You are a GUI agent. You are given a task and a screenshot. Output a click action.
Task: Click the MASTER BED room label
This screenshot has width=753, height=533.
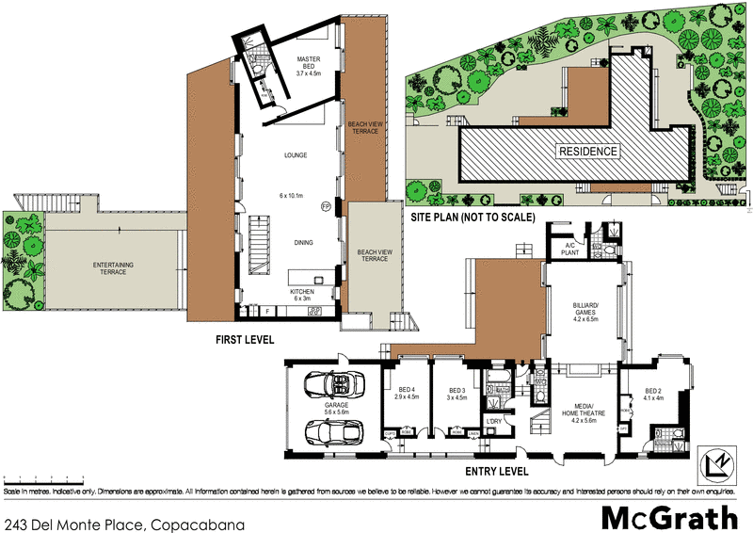coord(309,63)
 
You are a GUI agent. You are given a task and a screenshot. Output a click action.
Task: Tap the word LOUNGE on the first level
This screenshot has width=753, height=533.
coord(296,154)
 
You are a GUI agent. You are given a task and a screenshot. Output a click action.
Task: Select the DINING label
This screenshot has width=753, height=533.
coord(302,242)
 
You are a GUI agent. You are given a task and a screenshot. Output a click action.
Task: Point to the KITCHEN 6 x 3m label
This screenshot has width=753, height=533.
coord(302,296)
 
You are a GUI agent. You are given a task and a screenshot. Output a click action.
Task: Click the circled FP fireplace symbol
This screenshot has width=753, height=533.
coord(326,205)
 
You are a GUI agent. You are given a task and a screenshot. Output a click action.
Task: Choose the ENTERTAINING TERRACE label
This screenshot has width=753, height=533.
coord(113,269)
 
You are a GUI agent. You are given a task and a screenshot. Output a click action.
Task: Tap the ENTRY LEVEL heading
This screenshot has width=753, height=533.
coord(494,471)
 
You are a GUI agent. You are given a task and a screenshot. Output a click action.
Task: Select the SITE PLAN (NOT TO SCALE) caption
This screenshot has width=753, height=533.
coord(473,217)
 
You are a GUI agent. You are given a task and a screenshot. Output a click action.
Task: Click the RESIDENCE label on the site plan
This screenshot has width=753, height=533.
coord(589,152)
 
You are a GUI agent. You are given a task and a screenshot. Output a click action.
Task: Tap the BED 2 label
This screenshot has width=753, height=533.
coord(654,394)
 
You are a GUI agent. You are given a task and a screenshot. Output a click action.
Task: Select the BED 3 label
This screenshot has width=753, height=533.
coord(457,394)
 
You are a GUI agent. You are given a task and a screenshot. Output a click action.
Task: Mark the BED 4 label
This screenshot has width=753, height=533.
coord(405,394)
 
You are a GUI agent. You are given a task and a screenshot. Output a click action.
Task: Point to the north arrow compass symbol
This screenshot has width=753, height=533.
coord(719,460)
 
